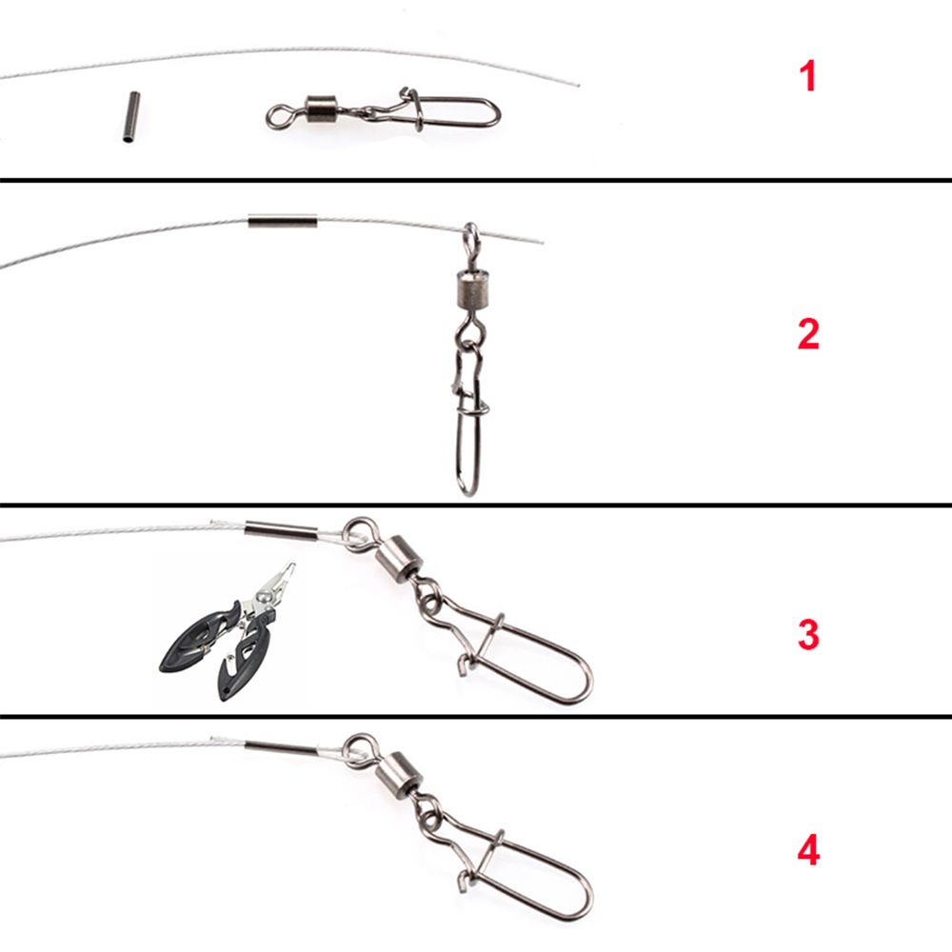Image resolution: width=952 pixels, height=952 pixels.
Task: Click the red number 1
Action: coord(807,76)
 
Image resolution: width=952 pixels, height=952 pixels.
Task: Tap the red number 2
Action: coord(807,334)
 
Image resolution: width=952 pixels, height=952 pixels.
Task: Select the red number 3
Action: coord(807,635)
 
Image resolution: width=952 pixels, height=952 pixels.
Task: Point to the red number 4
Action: coord(807,850)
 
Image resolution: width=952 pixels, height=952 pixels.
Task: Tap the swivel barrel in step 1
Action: coord(322,110)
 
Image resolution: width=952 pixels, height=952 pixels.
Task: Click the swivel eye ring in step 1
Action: coord(278,116)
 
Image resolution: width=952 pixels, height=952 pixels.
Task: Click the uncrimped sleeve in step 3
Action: coord(281,529)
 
